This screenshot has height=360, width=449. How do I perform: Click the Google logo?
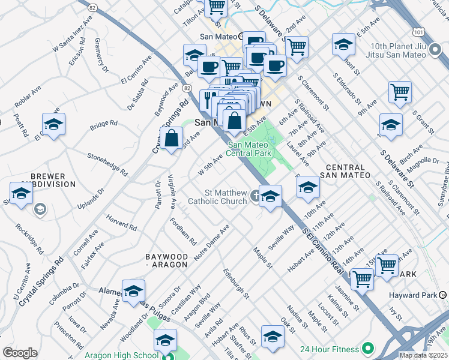[x=20, y=353]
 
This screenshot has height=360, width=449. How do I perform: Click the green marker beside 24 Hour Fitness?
[x=367, y=349]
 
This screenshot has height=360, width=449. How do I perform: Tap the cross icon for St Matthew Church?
[x=255, y=195]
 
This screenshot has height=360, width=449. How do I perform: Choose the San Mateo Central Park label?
[x=251, y=149]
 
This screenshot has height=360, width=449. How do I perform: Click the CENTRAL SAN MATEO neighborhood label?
[x=345, y=172]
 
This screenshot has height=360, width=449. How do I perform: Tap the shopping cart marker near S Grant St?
[x=400, y=92]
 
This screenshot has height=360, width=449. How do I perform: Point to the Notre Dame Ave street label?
[x=210, y=239]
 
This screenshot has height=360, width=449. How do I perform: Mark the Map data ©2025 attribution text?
[x=423, y=355]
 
